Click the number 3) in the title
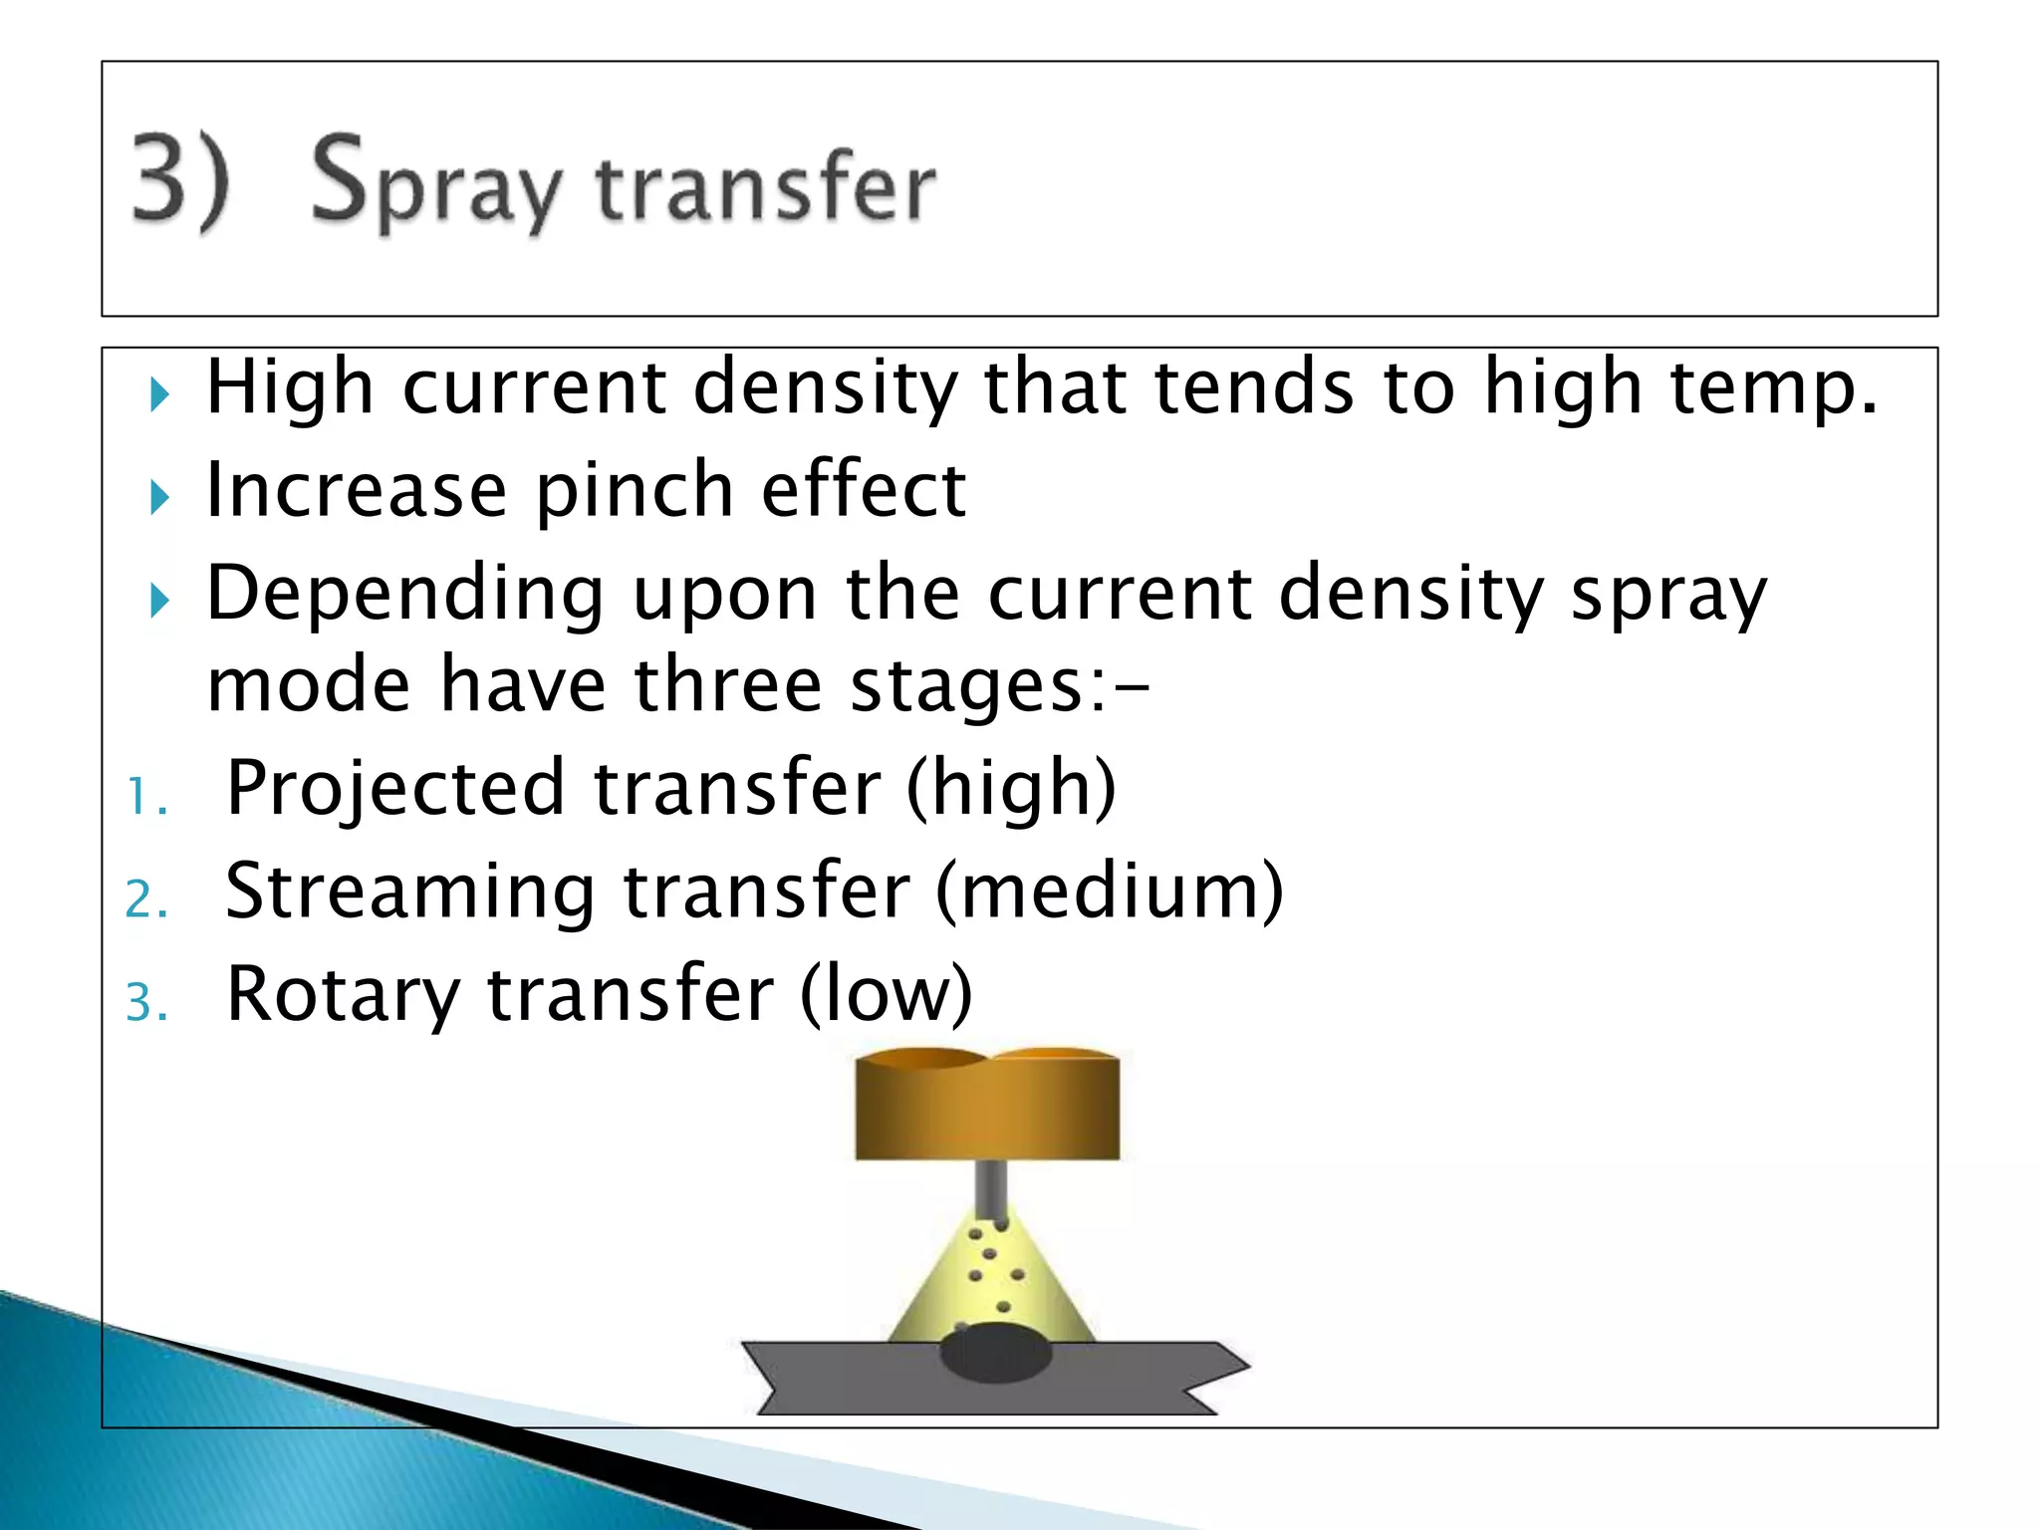click(x=180, y=181)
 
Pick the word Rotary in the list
click(x=343, y=994)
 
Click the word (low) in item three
click(x=886, y=994)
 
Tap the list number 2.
click(x=145, y=899)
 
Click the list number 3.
click(x=145, y=1002)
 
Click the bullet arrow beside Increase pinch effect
click(x=159, y=497)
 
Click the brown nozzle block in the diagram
click(x=987, y=1106)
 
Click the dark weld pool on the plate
click(x=995, y=1353)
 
